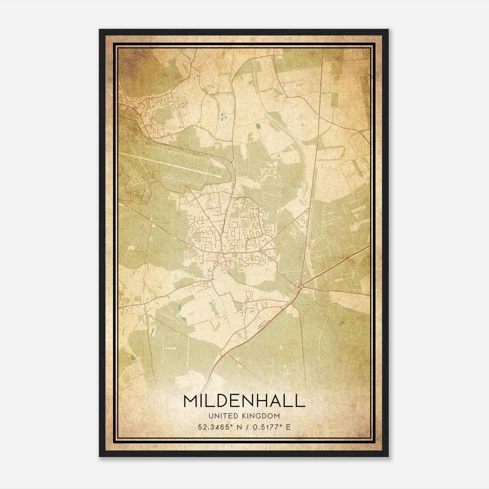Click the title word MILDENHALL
coord(244,401)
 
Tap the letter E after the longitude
coord(288,427)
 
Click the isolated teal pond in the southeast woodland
coord(341,323)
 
